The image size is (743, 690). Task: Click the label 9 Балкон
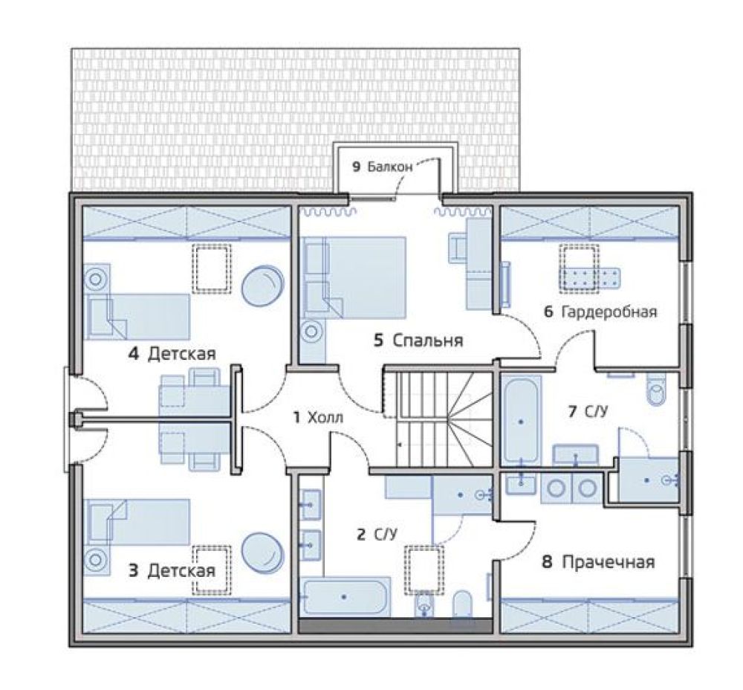click(382, 167)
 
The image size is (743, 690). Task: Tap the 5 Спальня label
click(418, 341)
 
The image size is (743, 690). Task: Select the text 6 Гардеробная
click(600, 312)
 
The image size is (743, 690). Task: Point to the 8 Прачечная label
click(598, 562)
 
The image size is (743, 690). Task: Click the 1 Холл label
click(318, 418)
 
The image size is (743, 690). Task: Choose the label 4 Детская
click(172, 354)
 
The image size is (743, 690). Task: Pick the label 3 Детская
click(172, 570)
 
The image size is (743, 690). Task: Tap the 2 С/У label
click(377, 535)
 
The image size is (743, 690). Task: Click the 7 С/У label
click(588, 412)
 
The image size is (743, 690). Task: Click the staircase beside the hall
click(438, 419)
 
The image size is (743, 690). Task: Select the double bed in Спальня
click(355, 277)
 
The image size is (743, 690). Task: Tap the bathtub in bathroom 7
click(522, 419)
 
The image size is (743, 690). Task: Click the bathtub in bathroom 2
click(347, 596)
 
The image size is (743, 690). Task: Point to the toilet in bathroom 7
click(657, 389)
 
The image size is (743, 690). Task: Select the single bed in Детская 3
click(137, 522)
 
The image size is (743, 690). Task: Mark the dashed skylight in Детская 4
click(211, 268)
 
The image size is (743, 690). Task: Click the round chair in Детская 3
click(263, 554)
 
